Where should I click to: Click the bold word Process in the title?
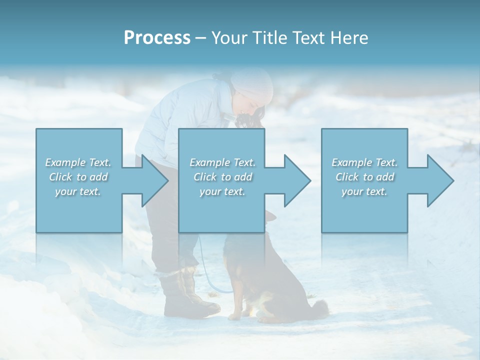click(157, 38)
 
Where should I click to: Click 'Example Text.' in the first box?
click(78, 162)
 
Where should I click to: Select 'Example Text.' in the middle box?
click(222, 162)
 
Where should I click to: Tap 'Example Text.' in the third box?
click(364, 162)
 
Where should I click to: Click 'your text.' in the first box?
click(78, 191)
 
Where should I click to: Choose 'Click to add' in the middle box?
click(222, 177)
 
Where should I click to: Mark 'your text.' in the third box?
click(364, 191)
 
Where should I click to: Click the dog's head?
click(270, 220)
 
